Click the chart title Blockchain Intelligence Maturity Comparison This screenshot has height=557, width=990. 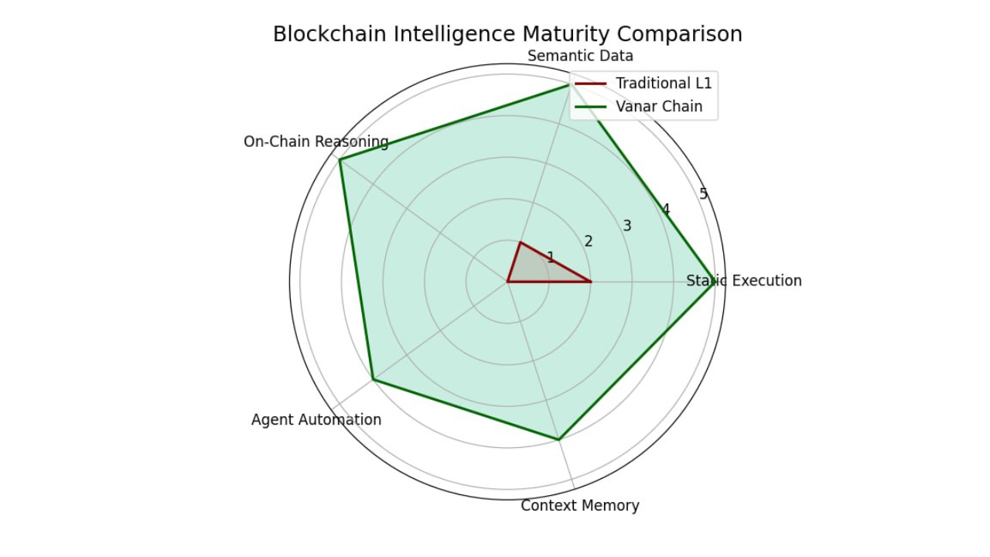coord(507,35)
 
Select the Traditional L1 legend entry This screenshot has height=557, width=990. coord(664,84)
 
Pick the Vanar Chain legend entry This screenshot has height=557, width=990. coord(659,107)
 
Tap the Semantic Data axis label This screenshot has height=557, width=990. coord(580,56)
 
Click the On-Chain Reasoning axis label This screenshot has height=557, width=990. coord(316,142)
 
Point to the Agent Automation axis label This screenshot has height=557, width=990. coord(316,419)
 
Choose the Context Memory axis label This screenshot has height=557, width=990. coord(580,506)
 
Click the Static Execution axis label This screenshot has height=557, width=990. coord(744,281)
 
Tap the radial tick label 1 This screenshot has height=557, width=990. coord(551,257)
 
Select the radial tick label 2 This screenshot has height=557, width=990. coord(589,241)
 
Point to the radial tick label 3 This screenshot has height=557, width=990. coord(627,226)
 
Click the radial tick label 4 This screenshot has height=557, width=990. coord(665,210)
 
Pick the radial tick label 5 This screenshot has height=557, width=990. coord(703,194)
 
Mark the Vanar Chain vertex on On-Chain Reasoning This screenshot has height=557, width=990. coord(340,159)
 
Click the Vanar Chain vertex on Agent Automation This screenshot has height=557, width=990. coord(373,379)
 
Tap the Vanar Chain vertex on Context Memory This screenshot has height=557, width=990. coord(558,439)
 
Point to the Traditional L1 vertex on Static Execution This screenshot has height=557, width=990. coord(591,282)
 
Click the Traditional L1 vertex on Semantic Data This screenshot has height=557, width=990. coord(521,242)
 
